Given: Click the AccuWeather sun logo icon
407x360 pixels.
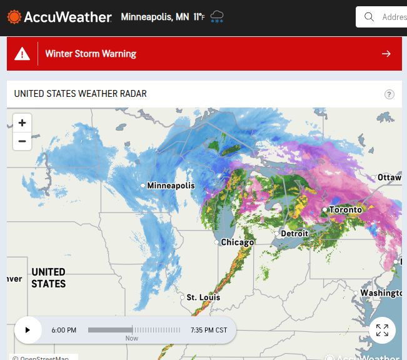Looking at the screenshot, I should coord(14,17).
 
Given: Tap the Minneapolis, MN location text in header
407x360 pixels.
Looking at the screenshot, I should coord(155,17).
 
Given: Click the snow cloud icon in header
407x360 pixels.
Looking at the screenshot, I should coord(218,17).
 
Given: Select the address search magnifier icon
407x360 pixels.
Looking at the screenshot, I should coord(369,17).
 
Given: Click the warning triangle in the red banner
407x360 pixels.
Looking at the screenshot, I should coord(23,54).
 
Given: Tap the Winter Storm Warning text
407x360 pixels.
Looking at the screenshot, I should coord(91,54).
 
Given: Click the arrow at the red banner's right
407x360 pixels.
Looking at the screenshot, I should coord(386,54).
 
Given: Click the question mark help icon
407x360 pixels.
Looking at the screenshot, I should coord(389,94).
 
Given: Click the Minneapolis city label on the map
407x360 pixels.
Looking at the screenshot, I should coord(171,186).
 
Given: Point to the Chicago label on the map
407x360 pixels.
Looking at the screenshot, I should coord(238,242).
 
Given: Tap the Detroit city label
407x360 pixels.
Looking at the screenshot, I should coord(294,234).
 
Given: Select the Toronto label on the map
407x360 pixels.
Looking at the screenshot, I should coord(346,210).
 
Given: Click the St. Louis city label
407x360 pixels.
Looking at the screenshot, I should coord(204,297).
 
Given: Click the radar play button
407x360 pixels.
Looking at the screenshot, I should coord(28,330).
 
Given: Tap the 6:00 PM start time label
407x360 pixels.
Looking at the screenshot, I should coord(64,330).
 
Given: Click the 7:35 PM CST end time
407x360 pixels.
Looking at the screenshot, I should coord(209,330).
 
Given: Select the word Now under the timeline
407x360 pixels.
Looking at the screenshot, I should coord(132,338).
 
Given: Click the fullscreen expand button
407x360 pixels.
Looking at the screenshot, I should coord(383,330).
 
